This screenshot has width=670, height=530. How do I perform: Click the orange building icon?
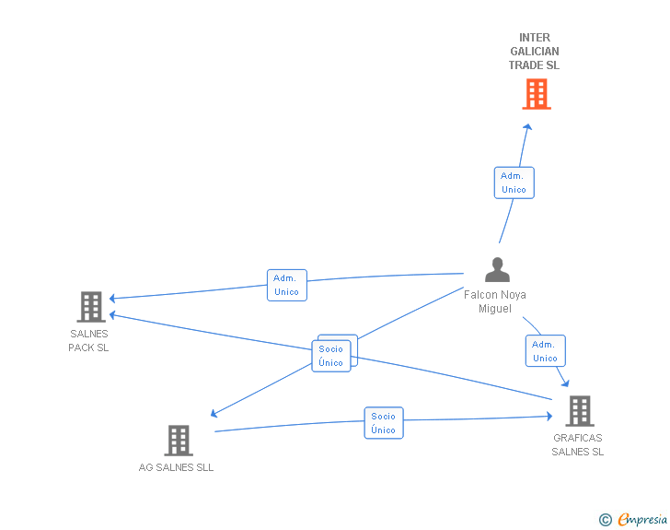537,94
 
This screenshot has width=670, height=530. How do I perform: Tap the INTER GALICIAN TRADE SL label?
534,52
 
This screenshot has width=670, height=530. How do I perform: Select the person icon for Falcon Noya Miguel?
497,269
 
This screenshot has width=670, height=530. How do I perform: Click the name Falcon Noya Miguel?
495,301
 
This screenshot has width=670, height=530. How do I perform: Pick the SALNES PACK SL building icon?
91,307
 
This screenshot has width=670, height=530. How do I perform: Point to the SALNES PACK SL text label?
88,340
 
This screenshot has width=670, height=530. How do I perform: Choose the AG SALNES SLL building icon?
179,441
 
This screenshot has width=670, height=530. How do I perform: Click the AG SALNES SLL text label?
176,467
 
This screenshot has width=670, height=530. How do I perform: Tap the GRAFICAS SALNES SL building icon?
580,411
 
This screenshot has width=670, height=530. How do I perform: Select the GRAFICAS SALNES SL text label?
578,445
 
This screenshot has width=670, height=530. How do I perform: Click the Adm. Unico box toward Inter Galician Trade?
514,183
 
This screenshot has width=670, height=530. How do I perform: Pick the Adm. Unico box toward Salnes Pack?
287,285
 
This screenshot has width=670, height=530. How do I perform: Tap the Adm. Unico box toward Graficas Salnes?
545,351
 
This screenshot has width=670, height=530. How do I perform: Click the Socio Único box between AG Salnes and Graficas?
384,423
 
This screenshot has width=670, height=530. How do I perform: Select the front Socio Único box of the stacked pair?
331,356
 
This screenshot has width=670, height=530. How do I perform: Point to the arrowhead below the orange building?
527,126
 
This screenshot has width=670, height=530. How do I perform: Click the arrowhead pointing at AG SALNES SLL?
214,413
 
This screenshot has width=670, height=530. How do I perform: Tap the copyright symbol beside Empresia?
605,520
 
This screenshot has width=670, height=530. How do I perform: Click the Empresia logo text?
642,520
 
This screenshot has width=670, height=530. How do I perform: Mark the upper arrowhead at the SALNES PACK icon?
112,298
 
